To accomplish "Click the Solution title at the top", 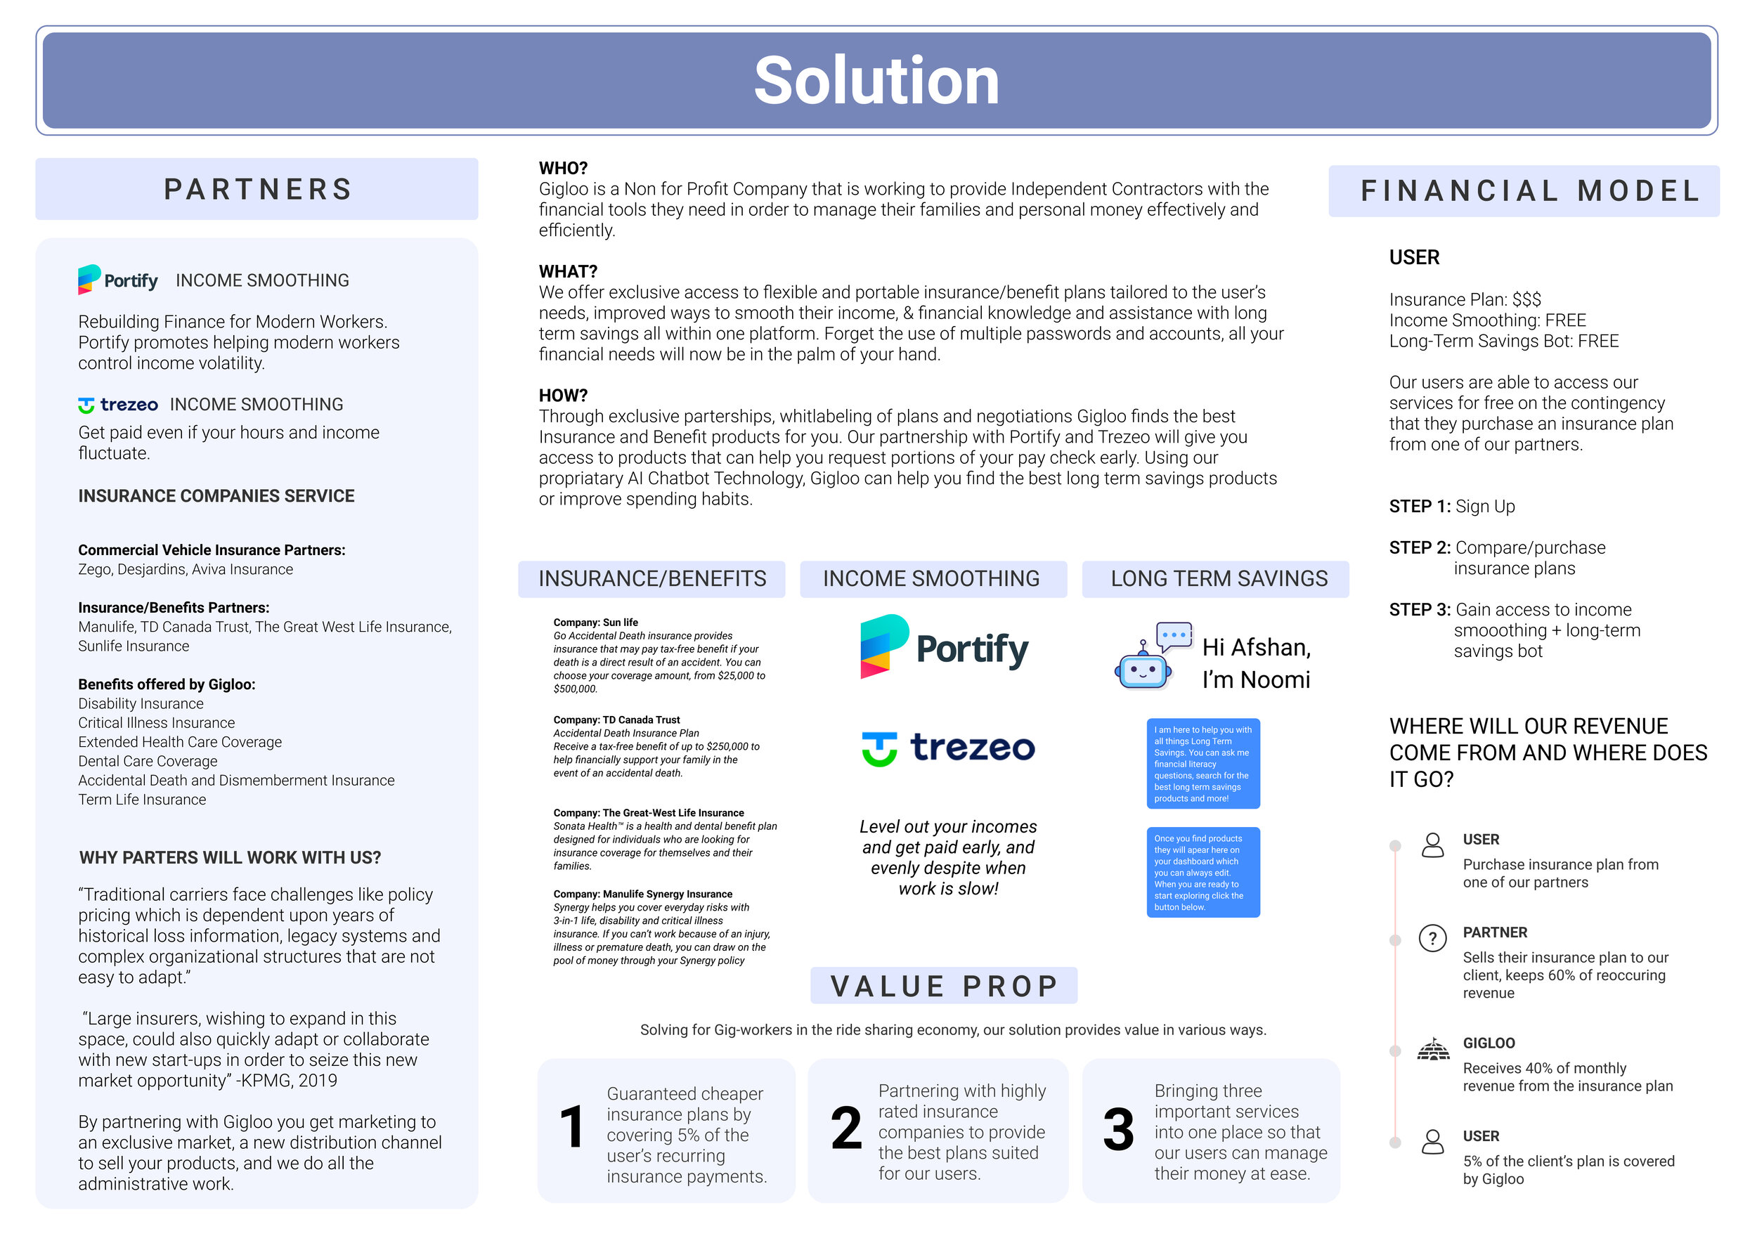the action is coord(876,80).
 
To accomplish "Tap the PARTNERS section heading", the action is coord(258,189).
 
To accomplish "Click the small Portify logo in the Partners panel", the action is coord(118,280).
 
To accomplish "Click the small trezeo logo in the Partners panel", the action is coord(118,404).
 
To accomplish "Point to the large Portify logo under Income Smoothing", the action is coord(944,646).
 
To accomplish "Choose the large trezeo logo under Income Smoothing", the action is coord(948,748).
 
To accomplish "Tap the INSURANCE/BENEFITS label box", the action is coord(651,579).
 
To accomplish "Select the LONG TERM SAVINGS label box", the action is coord(1216,579).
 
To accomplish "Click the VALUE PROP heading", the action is coord(944,986).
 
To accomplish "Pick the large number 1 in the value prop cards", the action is coord(572,1128).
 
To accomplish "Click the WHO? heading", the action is coord(564,169).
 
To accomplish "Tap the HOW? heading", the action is coord(564,396).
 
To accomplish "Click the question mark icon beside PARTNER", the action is coord(1432,937).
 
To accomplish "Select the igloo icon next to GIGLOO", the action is coord(1433,1048).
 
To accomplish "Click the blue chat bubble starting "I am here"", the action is coord(1203,763).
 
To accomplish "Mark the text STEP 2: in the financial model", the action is coord(1420,548).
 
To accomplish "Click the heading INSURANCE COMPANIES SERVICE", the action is coord(216,496).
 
